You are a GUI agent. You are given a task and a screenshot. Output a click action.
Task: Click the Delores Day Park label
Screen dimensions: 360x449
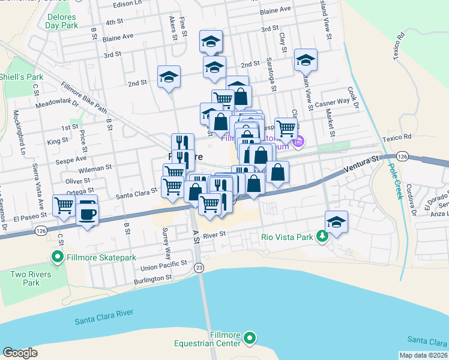61,22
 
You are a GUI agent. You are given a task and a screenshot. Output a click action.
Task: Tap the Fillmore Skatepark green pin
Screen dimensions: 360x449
58,258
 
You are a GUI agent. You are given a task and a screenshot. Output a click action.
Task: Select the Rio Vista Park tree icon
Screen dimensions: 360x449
323,236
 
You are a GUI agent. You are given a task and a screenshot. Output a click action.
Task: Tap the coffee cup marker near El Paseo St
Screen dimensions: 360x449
88,213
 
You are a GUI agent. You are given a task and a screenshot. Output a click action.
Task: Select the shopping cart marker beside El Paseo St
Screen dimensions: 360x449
64,205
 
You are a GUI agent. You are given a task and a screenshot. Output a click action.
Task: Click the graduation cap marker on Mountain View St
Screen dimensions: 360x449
306,61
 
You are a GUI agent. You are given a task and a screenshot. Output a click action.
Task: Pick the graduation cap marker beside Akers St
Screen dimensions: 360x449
169,77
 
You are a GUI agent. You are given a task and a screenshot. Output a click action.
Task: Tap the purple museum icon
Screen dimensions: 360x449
298,142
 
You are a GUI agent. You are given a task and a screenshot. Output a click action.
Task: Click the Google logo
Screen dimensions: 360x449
20,352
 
